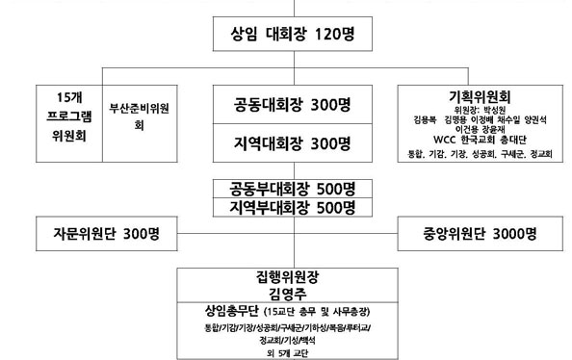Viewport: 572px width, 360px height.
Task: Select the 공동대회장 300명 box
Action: pos(286,104)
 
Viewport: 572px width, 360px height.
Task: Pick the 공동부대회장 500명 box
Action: pos(286,188)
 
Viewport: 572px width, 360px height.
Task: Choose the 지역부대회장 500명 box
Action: pos(286,208)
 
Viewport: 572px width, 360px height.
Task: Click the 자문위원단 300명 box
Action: pos(106,234)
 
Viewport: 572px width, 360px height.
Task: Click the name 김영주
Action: pos(286,293)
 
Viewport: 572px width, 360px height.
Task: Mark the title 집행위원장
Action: pos(286,275)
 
